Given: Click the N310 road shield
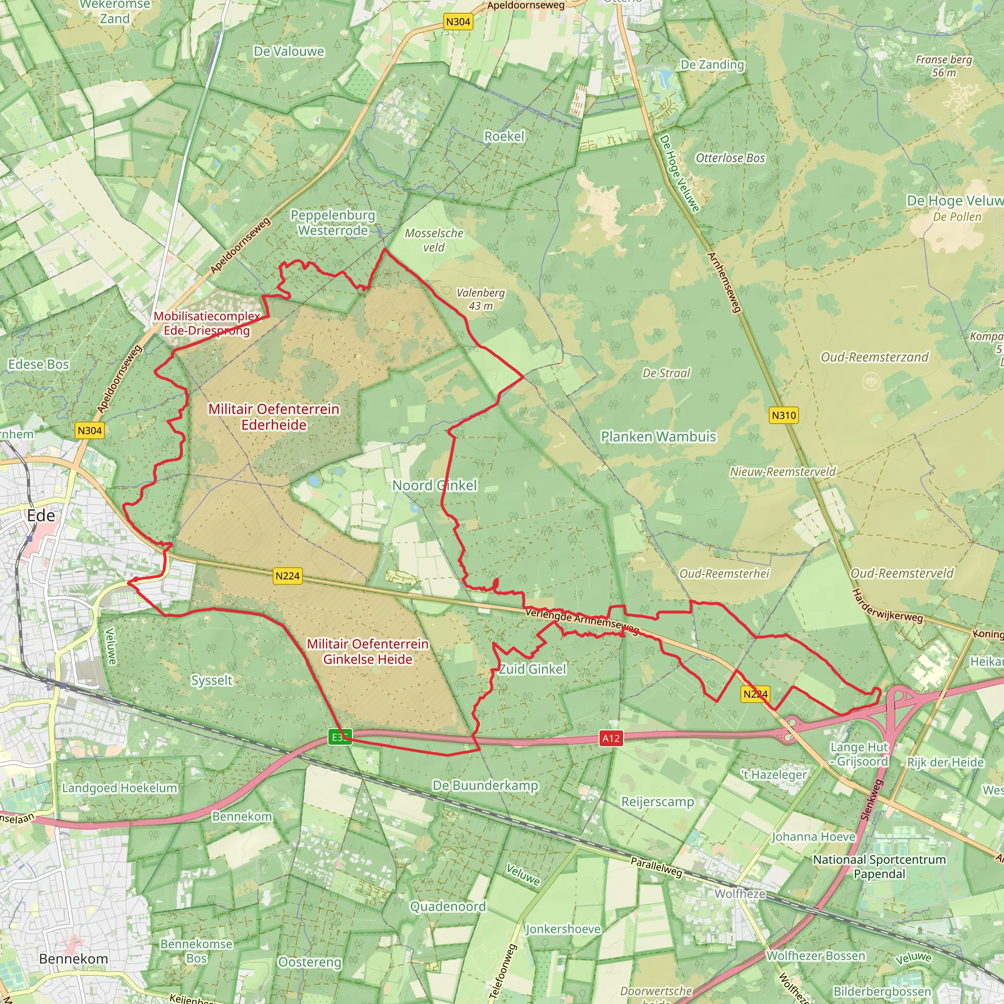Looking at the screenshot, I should (x=783, y=415).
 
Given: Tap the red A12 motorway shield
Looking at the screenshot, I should (x=611, y=738).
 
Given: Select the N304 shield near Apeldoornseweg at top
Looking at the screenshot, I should (x=458, y=22).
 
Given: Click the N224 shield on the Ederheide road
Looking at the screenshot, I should (x=287, y=576).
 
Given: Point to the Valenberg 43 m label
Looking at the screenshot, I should (x=481, y=300).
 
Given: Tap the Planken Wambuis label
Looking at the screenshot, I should (x=658, y=436).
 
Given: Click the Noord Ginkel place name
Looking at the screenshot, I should (x=434, y=485).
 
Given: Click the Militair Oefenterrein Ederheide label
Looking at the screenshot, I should (x=274, y=417).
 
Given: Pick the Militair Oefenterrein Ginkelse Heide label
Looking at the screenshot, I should (x=367, y=651).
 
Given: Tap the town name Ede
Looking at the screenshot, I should (x=41, y=516).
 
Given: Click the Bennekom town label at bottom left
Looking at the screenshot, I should (x=74, y=959).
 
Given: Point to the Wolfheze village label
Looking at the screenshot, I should (x=739, y=893).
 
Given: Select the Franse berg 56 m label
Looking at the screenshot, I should (x=944, y=66).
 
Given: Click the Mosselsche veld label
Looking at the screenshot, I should (x=434, y=240).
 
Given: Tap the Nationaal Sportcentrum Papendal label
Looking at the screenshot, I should (x=879, y=867).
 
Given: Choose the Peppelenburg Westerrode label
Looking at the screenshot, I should (x=332, y=223).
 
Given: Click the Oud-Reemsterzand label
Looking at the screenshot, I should (x=874, y=357).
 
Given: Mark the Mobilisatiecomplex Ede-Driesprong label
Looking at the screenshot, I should (x=207, y=323).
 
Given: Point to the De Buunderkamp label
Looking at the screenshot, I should (x=485, y=785).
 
